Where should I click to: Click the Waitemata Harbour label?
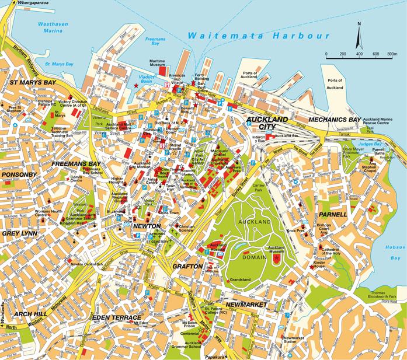[259, 36]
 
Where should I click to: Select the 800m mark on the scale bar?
[391, 54]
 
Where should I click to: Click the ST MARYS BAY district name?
[33, 83]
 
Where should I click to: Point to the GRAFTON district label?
[187, 267]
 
